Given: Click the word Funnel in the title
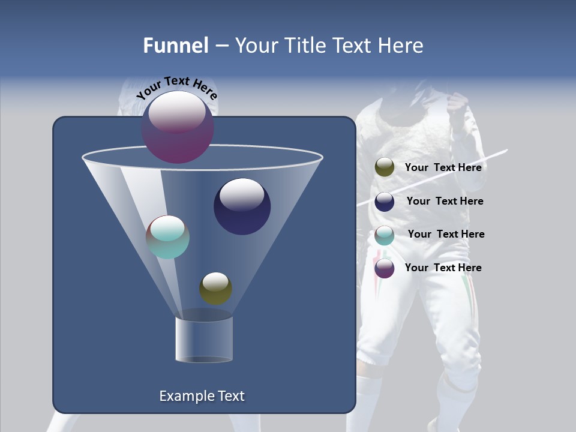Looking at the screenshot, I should tap(175, 46).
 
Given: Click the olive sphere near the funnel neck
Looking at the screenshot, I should tap(216, 289).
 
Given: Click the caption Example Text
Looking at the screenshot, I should tap(202, 396).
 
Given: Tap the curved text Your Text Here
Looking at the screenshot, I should tap(176, 88).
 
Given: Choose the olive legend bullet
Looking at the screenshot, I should tap(385, 167).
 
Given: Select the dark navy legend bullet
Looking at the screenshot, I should tap(385, 202).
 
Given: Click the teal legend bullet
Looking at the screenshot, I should tap(385, 235).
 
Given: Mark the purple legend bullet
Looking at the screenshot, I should tap(385, 268).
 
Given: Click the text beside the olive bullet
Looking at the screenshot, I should tap(443, 167).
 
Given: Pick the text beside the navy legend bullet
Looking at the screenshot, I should tap(445, 201).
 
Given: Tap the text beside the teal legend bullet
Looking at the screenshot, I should tap(446, 234).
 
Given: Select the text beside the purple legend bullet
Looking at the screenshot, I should tap(443, 268).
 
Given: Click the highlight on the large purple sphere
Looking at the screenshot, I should tap(176, 113).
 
